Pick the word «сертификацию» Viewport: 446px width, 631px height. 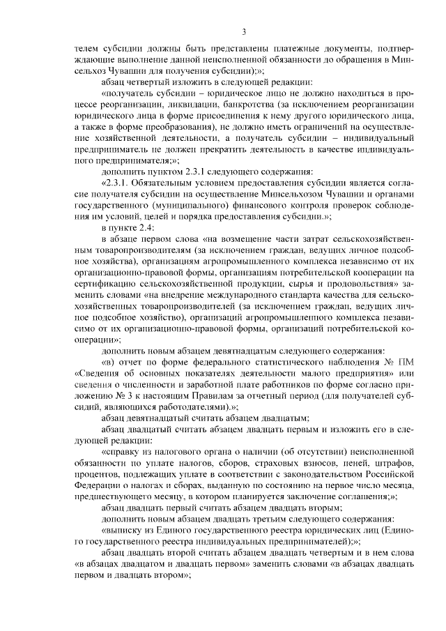(x=109, y=283)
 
